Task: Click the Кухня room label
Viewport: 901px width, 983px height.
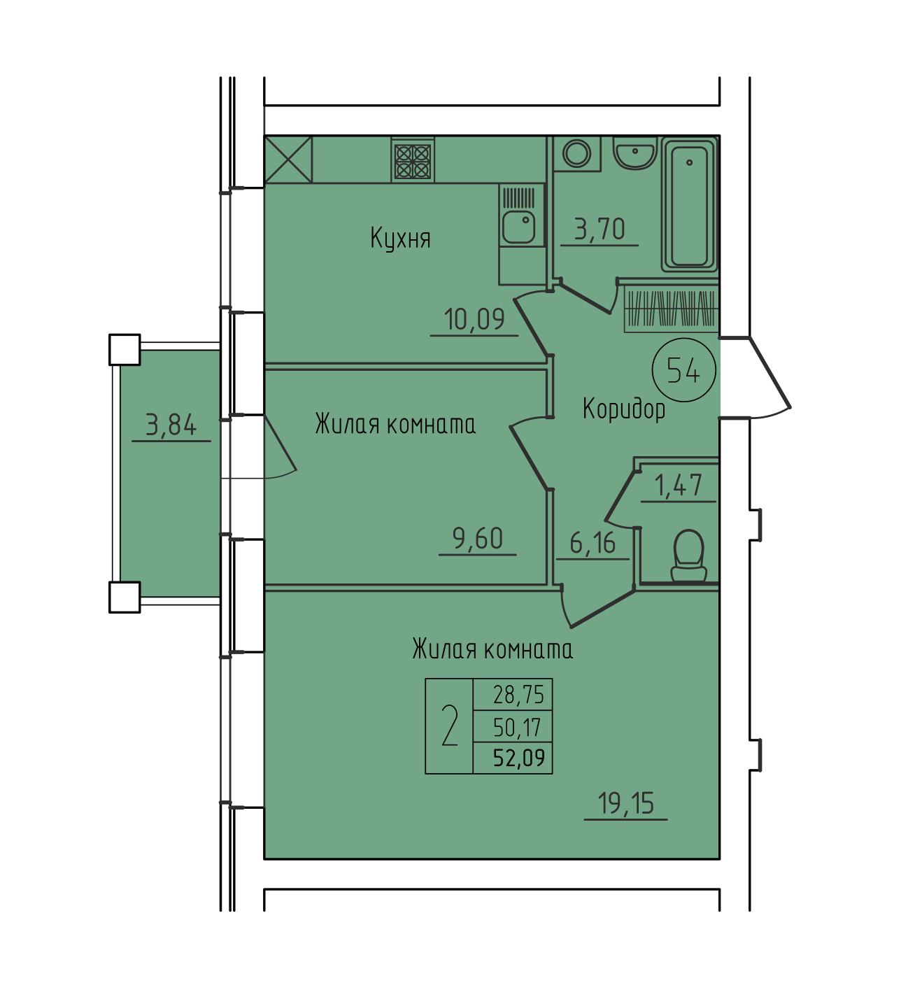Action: [x=400, y=239]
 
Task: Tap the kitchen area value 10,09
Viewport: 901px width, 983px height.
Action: [x=474, y=319]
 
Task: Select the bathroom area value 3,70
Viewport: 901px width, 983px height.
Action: [x=600, y=229]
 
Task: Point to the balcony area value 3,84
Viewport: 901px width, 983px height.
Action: [x=171, y=425]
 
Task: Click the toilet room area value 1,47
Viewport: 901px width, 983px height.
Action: [x=679, y=485]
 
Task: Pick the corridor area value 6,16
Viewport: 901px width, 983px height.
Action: [x=593, y=543]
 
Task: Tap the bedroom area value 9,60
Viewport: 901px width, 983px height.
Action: [x=478, y=539]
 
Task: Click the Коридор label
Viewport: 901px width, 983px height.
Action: [x=624, y=409]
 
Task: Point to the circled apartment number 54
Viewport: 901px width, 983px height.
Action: [x=684, y=370]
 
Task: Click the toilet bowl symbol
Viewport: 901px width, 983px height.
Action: [x=689, y=556]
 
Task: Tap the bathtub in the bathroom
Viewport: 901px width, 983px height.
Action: [x=689, y=204]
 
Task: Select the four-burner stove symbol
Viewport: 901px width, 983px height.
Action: [x=413, y=161]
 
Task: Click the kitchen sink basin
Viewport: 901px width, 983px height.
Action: [x=518, y=227]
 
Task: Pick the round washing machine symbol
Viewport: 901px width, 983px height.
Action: [x=576, y=153]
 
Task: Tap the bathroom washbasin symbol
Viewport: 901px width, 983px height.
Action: [x=635, y=153]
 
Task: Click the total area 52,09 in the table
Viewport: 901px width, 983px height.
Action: [x=519, y=758]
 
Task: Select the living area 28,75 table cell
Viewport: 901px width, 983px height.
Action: [x=518, y=695]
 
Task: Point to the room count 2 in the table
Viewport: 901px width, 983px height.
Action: [x=450, y=726]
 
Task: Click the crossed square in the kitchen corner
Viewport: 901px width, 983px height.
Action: [x=288, y=160]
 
